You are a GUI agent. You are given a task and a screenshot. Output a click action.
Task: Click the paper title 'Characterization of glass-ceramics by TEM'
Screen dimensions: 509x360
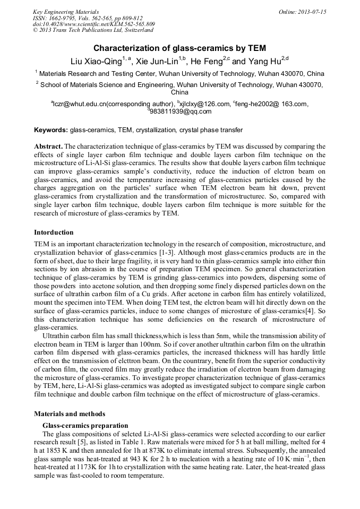point(179,48)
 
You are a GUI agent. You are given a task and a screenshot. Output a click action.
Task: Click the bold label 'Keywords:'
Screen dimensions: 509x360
point(51,130)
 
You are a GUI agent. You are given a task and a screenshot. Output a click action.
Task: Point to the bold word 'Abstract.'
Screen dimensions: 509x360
point(48,146)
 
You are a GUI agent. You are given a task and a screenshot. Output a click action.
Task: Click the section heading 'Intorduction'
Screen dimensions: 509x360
point(54,232)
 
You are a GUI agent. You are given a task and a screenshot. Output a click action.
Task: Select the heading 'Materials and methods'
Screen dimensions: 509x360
point(70,413)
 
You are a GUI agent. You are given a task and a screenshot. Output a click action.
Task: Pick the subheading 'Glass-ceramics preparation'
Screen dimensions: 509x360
point(85,425)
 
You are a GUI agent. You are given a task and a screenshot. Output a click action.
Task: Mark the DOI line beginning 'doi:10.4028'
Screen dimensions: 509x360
point(93,24)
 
